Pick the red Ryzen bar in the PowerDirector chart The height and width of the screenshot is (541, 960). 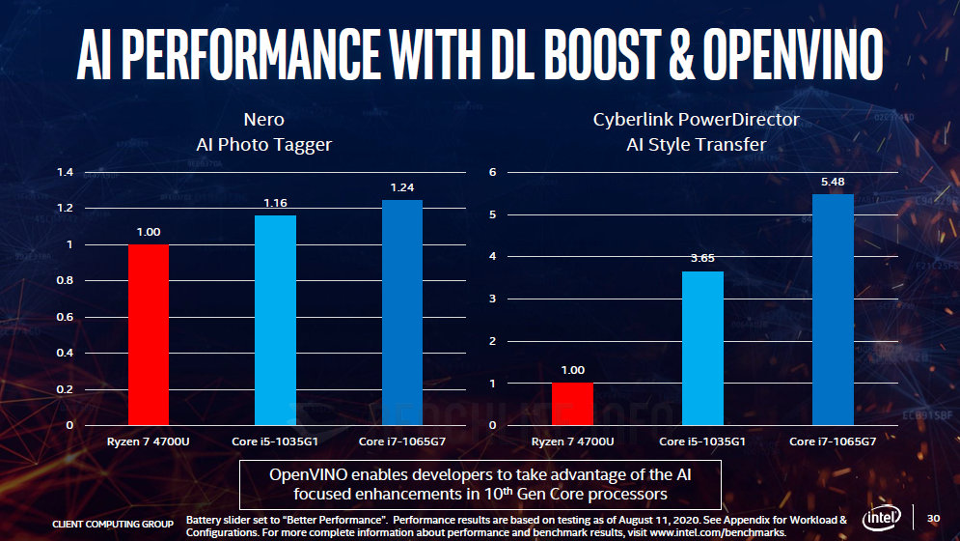point(572,404)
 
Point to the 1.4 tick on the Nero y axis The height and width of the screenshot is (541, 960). point(66,172)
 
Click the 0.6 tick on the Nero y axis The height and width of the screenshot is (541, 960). point(66,317)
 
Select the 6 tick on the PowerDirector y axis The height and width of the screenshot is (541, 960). point(492,172)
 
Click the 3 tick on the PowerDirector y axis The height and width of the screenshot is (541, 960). point(492,299)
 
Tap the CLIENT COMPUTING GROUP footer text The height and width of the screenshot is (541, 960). point(113,524)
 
